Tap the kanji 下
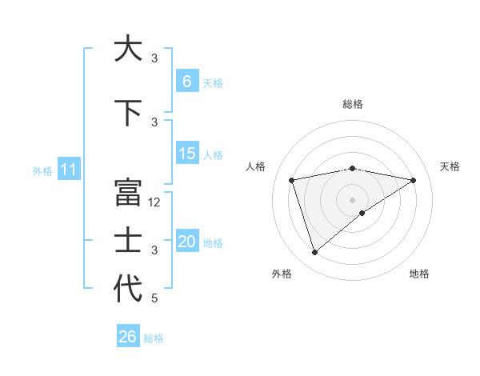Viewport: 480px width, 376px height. (128, 113)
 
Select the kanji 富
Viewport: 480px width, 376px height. (128, 193)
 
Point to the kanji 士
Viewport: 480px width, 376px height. (128, 241)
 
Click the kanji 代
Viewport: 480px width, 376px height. (128, 289)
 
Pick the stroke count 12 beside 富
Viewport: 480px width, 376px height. (155, 202)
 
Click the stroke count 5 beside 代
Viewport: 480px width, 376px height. (155, 298)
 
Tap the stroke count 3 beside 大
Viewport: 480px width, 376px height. (155, 58)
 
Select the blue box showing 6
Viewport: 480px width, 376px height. (187, 82)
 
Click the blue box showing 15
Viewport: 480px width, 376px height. (187, 154)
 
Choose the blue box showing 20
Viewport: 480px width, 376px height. (187, 242)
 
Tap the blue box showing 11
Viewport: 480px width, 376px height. (69, 170)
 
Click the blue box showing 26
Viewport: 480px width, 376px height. (128, 337)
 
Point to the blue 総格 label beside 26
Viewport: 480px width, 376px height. (154, 338)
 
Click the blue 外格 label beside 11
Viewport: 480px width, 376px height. (42, 170)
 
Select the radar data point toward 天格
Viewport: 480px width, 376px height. (413, 180)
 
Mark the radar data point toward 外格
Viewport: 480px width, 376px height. (314, 253)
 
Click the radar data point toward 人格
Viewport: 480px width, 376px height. (292, 179)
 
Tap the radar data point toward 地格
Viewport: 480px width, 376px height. (362, 213)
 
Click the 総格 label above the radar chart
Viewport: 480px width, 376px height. (352, 104)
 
